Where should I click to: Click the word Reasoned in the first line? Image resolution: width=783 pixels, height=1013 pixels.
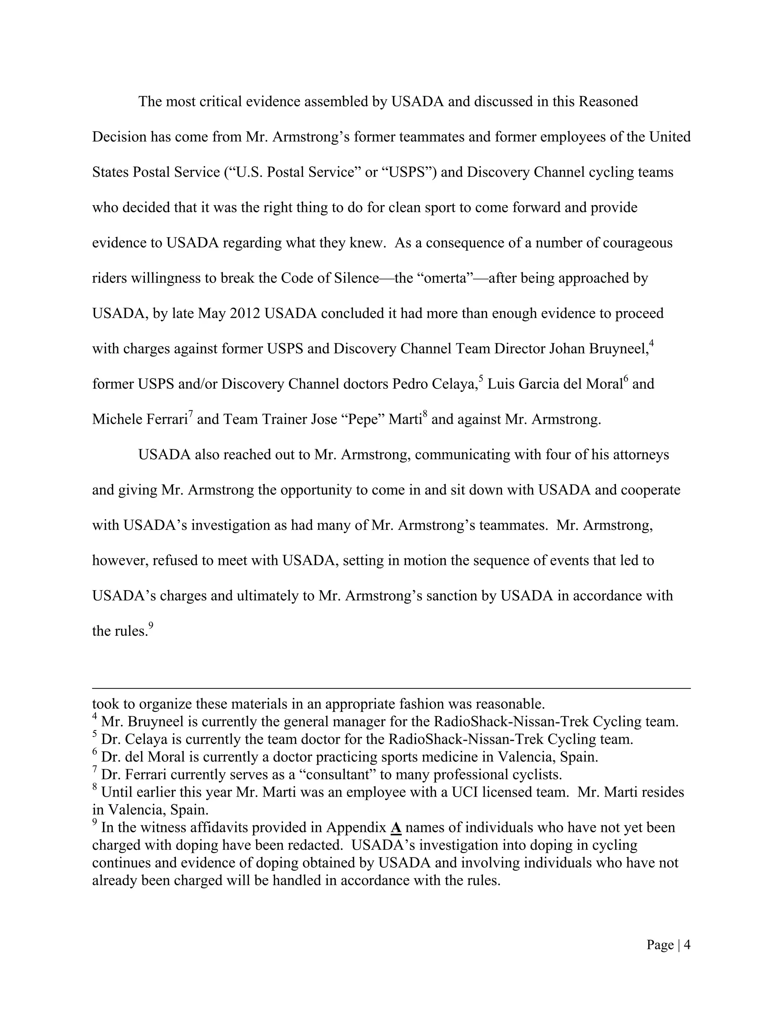point(608,102)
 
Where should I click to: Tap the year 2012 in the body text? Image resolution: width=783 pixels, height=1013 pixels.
point(245,313)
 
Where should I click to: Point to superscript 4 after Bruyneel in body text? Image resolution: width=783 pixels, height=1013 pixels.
point(651,344)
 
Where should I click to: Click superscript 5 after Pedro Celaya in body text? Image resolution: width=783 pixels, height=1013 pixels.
point(481,379)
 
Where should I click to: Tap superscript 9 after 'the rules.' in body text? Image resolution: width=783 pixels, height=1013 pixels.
point(151,626)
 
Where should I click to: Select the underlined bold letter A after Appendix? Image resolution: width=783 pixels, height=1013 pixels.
point(396,828)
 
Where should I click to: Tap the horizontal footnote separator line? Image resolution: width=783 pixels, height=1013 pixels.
point(391,689)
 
